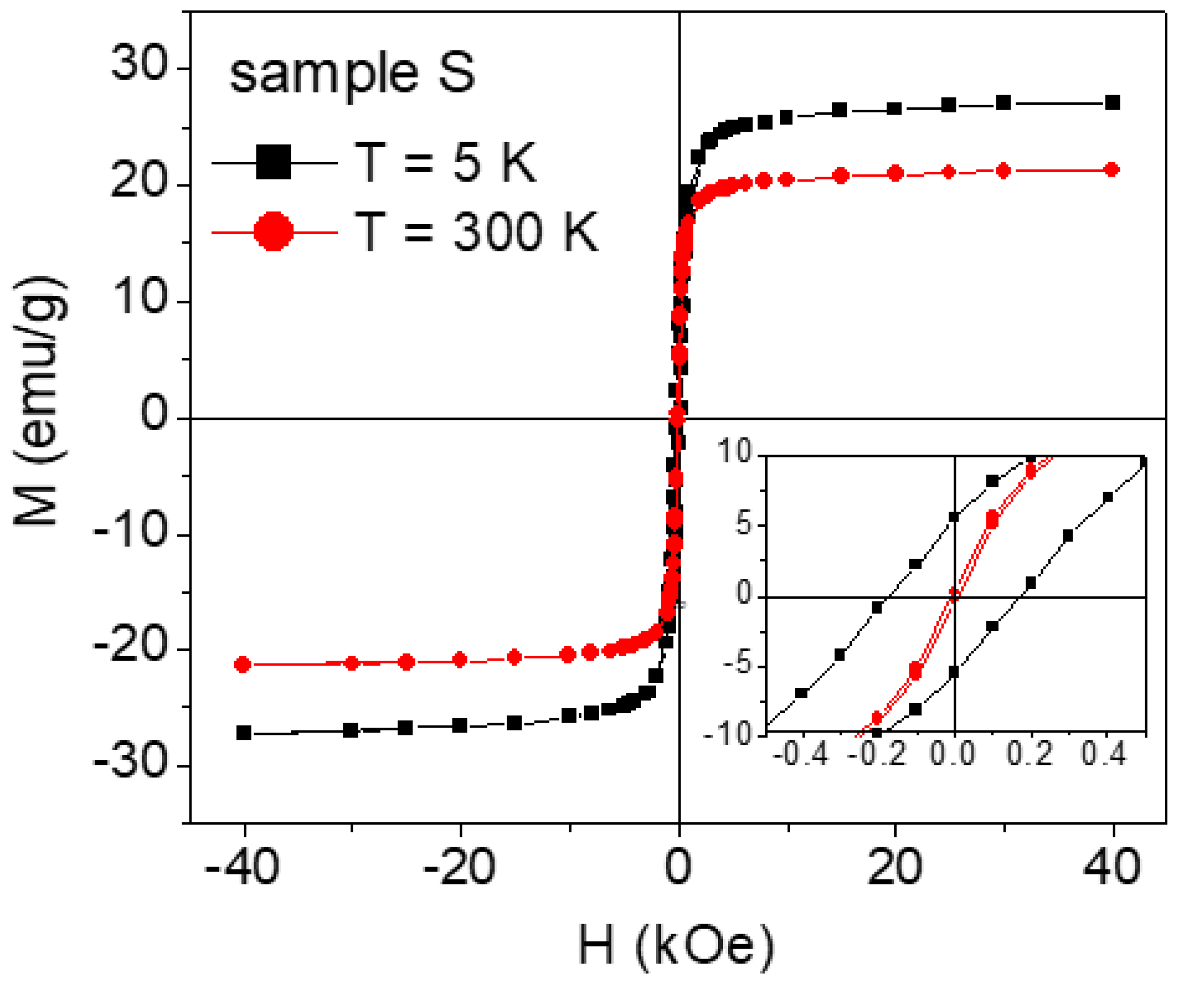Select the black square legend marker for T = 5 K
(x=273, y=162)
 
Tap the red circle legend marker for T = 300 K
(x=273, y=231)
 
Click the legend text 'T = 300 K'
(x=476, y=231)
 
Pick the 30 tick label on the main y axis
(x=139, y=63)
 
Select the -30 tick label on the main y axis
(x=130, y=762)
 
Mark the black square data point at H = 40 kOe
(x=1112, y=103)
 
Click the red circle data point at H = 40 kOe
(x=1112, y=170)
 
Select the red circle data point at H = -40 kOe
(x=242, y=665)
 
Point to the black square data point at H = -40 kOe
(x=244, y=733)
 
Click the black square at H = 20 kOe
(x=894, y=108)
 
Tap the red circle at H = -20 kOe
(x=460, y=659)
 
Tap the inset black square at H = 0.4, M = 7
(x=1107, y=497)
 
